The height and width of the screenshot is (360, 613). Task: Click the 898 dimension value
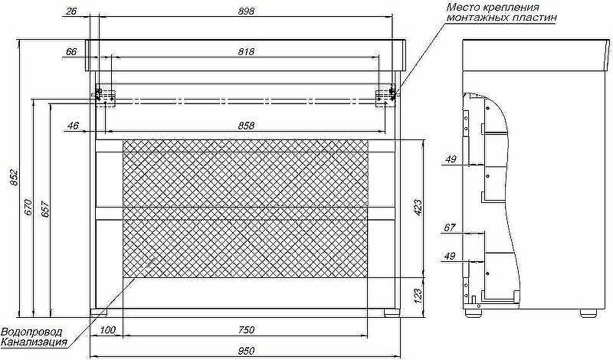[x=245, y=11]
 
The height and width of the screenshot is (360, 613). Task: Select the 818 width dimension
[x=245, y=51]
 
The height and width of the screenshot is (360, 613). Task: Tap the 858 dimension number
[x=245, y=125]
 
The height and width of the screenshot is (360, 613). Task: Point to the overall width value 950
[x=245, y=350]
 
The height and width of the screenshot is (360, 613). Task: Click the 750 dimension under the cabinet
[x=245, y=329]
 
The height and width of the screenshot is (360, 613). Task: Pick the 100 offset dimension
[x=107, y=329]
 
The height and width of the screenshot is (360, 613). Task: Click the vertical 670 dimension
[x=28, y=207]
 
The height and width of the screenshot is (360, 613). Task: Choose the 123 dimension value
[x=418, y=294]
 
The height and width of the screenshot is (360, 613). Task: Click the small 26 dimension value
[x=71, y=11]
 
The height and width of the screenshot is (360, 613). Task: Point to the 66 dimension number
[x=71, y=51]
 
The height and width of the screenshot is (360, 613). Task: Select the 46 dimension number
[x=74, y=125]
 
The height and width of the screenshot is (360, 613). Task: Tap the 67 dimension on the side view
[x=450, y=227]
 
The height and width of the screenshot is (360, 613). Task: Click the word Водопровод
[x=31, y=332]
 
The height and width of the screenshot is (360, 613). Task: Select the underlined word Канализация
[x=34, y=342]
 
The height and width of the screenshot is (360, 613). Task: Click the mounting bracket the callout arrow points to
[x=386, y=96]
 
